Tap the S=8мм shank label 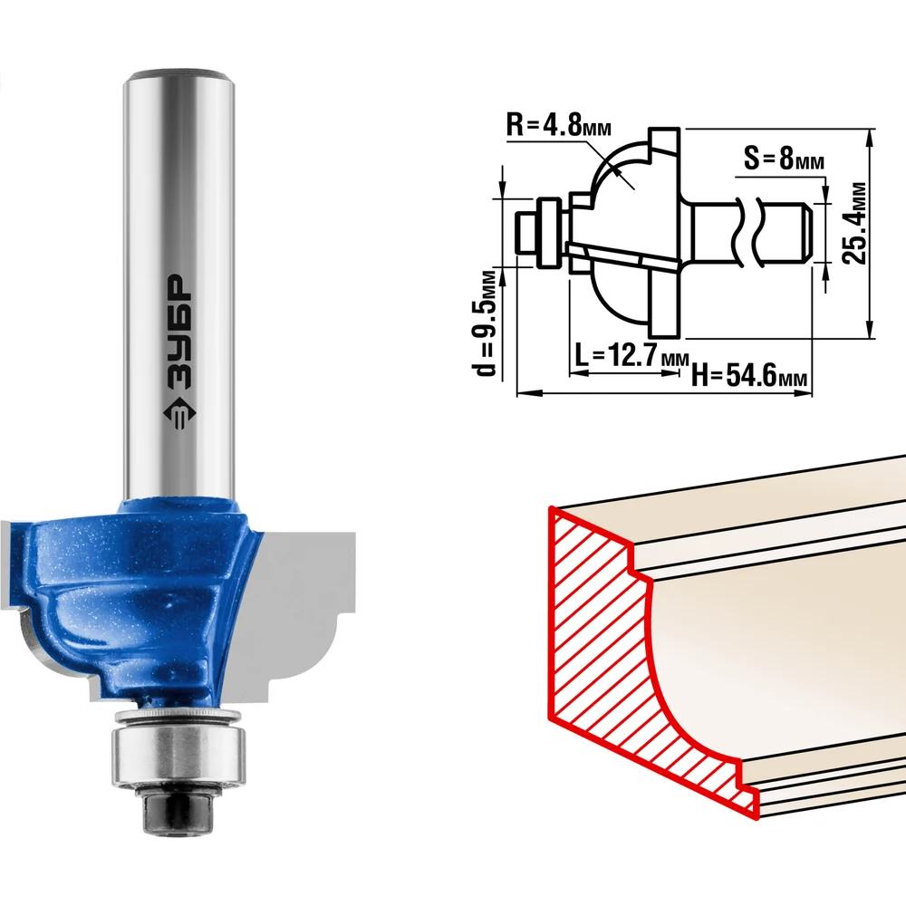[x=784, y=158]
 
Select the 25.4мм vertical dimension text [x=854, y=223]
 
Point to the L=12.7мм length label [x=631, y=354]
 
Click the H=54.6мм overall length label [x=749, y=375]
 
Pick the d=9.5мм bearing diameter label [x=486, y=322]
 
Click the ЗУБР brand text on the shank [x=178, y=330]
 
